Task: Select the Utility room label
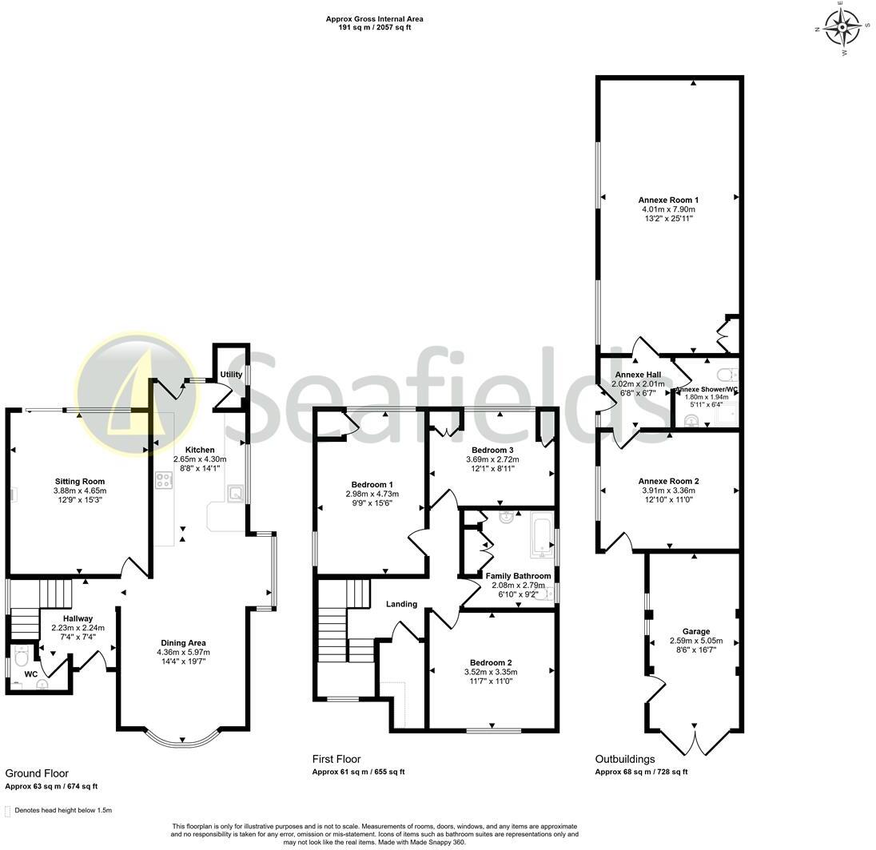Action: click(x=232, y=375)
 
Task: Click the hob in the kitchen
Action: click(x=164, y=481)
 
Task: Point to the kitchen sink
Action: click(x=236, y=494)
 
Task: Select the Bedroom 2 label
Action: click(x=491, y=662)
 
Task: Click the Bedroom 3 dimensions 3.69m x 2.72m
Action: click(x=492, y=459)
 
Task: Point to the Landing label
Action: click(x=401, y=604)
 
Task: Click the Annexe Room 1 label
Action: click(x=668, y=200)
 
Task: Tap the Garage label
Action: click(x=695, y=631)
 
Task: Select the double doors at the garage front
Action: click(x=695, y=742)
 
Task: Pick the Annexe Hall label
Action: click(x=637, y=374)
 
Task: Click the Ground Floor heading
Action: click(x=37, y=773)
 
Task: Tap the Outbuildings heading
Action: click(x=625, y=759)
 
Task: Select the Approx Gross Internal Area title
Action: click(x=375, y=18)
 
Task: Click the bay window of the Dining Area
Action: click(x=184, y=739)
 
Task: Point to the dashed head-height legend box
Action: click(x=8, y=811)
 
